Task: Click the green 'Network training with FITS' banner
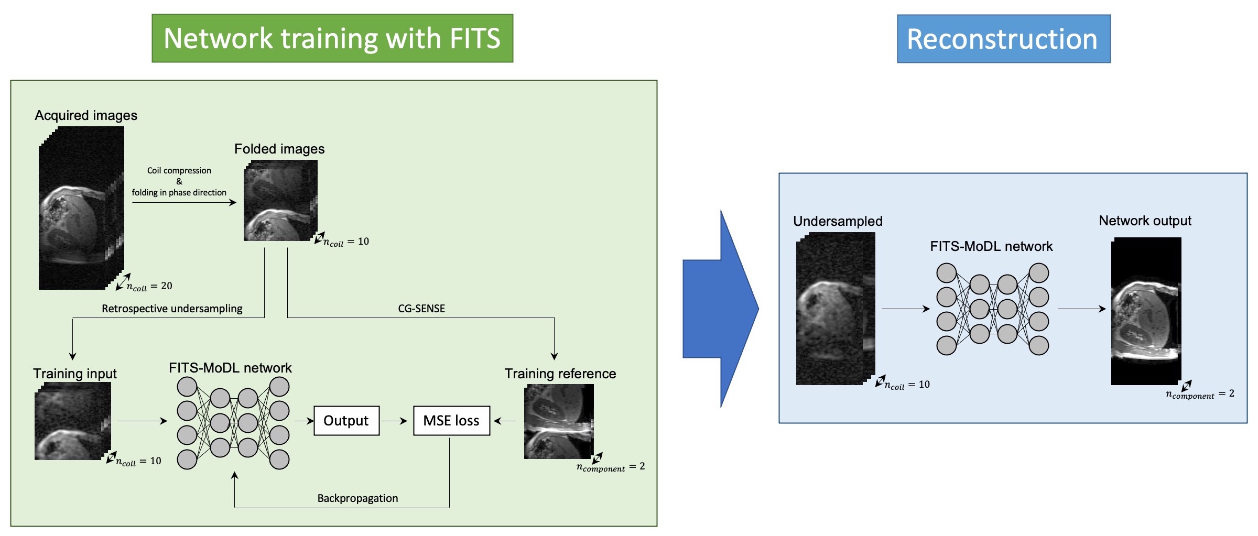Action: (x=332, y=38)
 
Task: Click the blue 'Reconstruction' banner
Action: (x=1003, y=39)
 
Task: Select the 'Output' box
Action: (x=346, y=421)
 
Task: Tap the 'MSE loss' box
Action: (x=451, y=421)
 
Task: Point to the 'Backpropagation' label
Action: (x=357, y=498)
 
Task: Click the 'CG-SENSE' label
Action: (x=421, y=309)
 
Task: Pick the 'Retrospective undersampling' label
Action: (x=172, y=309)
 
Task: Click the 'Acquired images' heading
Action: (x=86, y=115)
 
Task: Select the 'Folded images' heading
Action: (x=279, y=149)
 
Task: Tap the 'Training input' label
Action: (x=75, y=374)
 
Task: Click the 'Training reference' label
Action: (x=560, y=374)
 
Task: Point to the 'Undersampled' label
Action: (x=838, y=221)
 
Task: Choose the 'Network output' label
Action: (x=1145, y=221)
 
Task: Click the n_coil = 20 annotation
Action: (x=149, y=286)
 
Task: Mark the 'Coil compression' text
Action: (x=179, y=171)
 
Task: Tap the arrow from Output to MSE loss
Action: (x=395, y=421)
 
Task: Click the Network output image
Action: (x=1146, y=311)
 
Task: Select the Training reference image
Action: (x=559, y=422)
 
